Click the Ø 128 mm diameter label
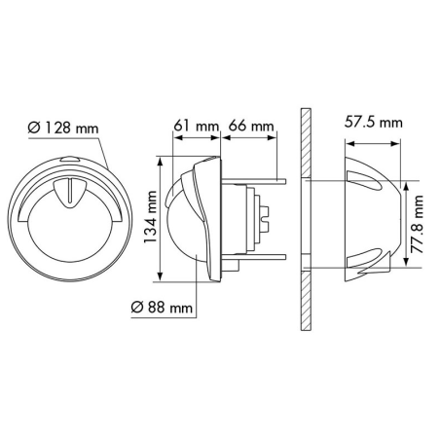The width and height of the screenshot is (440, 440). point(63,128)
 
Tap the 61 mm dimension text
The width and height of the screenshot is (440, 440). point(197,126)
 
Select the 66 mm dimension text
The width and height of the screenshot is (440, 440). point(251,126)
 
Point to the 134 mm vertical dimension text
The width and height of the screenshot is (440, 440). point(151,217)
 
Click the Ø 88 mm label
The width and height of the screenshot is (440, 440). point(162,307)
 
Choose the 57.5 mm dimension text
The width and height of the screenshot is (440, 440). point(374,123)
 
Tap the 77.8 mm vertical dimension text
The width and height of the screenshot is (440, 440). point(417,224)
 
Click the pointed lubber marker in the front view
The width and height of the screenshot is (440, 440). point(69,193)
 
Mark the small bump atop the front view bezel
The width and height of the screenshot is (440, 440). point(70,159)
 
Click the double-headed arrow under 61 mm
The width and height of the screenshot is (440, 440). point(197,137)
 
